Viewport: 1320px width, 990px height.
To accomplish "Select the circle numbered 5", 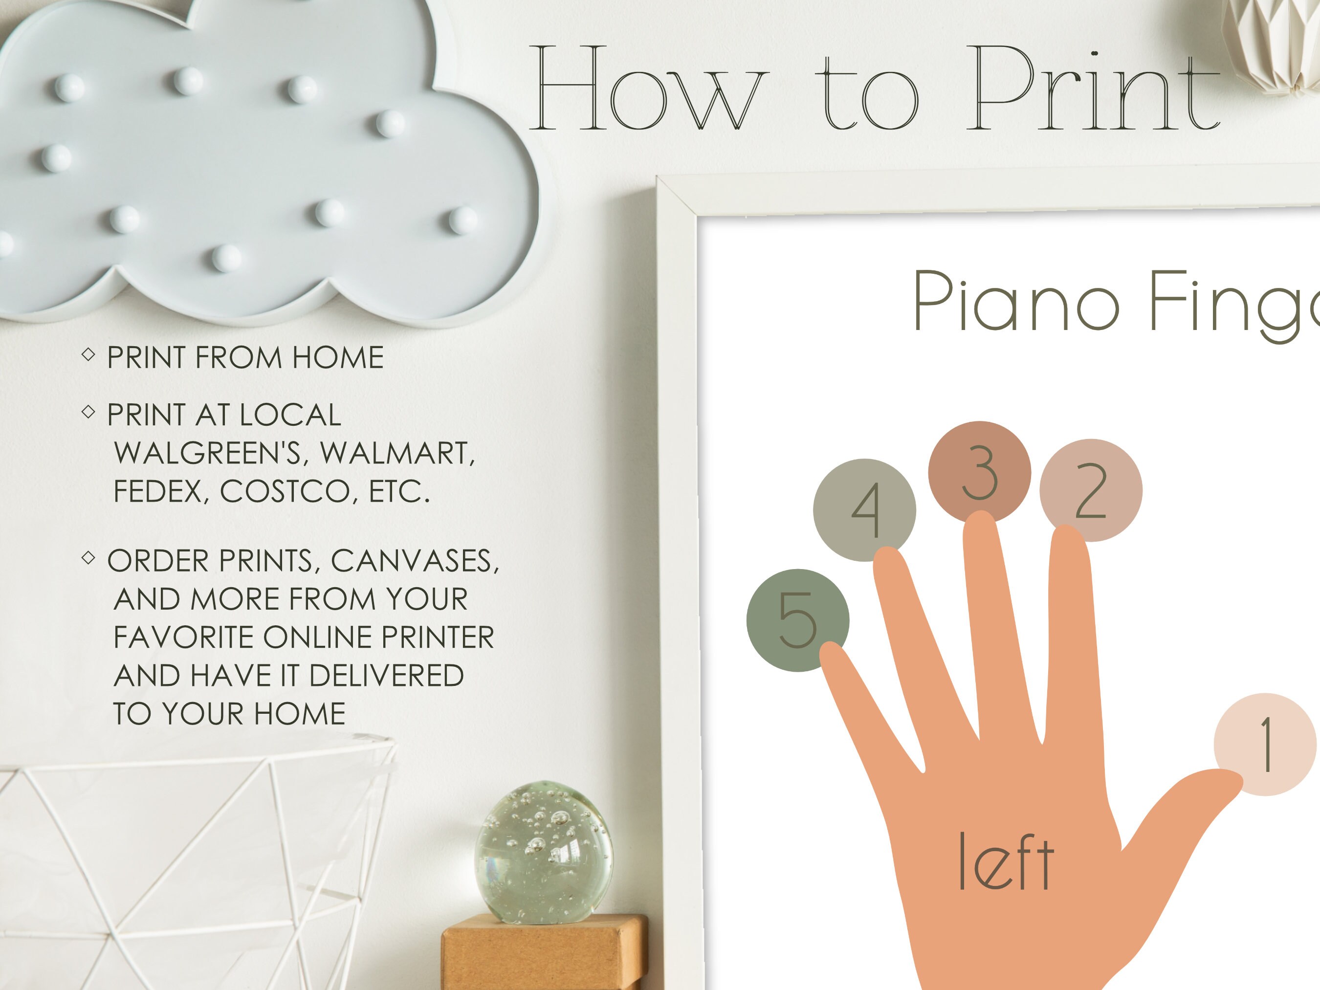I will pos(798,620).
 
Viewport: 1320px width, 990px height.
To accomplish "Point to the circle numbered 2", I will pos(1091,490).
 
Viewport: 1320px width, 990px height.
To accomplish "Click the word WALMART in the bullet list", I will pos(397,454).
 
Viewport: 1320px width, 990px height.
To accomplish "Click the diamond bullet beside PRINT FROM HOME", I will pos(88,354).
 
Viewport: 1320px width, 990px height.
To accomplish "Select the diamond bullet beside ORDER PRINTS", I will pos(88,558).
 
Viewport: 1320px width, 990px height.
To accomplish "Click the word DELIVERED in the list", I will pos(386,676).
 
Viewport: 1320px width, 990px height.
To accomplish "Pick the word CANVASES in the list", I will pos(415,561).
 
